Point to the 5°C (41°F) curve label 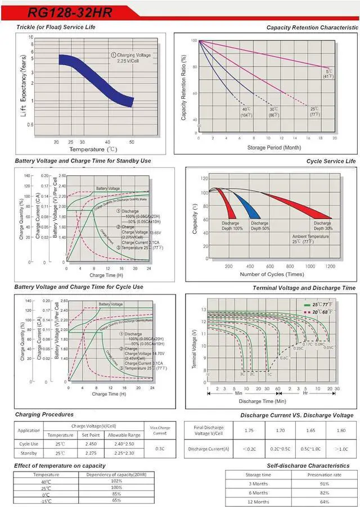[x=328, y=73]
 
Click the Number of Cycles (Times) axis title [x=272, y=274]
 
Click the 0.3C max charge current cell [x=160, y=448]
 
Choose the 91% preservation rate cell [x=324, y=483]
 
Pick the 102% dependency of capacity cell [x=116, y=481]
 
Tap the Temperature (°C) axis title [x=93, y=150]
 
